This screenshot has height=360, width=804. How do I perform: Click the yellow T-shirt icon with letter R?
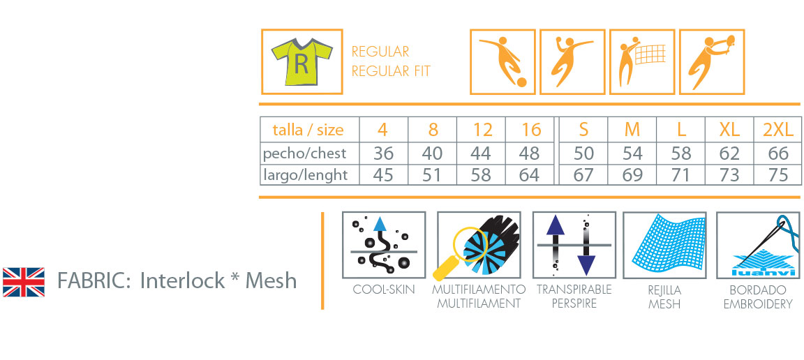pyautogui.click(x=301, y=62)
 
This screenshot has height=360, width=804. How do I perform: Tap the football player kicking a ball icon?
pyautogui.click(x=502, y=61)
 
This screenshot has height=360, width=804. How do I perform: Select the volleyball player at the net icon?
pyautogui.click(x=642, y=61)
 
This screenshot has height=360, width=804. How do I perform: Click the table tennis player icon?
pyautogui.click(x=711, y=61)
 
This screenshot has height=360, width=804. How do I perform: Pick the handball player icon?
pyautogui.click(x=572, y=61)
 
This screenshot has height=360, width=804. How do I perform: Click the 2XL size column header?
pyautogui.click(x=778, y=130)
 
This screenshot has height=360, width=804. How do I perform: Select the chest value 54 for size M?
pyautogui.click(x=632, y=153)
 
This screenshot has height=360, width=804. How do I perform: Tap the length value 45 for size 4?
pyautogui.click(x=383, y=174)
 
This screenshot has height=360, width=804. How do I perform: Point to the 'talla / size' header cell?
pyautogui.click(x=308, y=130)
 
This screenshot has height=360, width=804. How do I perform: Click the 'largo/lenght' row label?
pyautogui.click(x=305, y=174)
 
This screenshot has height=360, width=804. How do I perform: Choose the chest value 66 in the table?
pyautogui.click(x=778, y=153)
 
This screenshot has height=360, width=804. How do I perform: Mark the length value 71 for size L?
pyautogui.click(x=680, y=174)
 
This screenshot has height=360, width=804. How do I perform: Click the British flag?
pyautogui.click(x=24, y=281)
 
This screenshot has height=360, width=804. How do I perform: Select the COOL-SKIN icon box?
pyautogui.click(x=384, y=245)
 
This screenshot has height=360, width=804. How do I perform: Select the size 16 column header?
pyautogui.click(x=531, y=130)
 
